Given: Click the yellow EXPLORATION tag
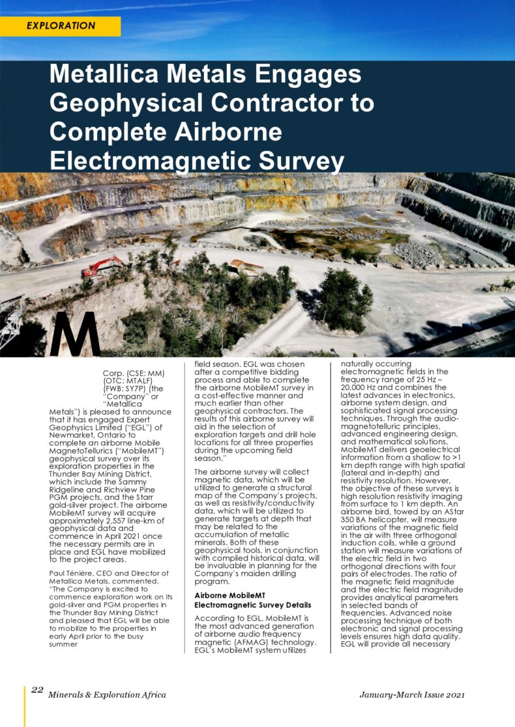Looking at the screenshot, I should tap(61, 26).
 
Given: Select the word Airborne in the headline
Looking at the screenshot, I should tap(234, 131).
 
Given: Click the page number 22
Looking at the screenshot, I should tap(37, 690).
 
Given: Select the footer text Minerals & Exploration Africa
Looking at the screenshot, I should tap(107, 695).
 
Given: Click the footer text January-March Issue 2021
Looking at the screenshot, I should tap(412, 695).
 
